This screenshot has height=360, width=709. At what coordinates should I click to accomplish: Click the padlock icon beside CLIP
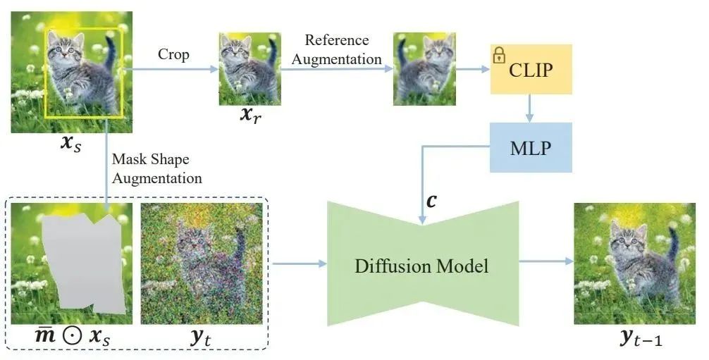(x=499, y=55)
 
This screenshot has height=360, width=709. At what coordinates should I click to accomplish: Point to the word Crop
(x=173, y=54)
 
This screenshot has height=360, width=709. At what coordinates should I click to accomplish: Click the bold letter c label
(x=431, y=199)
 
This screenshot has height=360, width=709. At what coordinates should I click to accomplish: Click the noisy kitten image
(x=204, y=263)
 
